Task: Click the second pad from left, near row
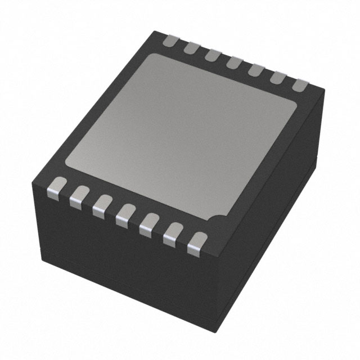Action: [x=78, y=195]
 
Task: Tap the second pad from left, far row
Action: [x=191, y=47]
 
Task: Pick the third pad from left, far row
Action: [x=212, y=55]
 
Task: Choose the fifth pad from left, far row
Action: [x=254, y=71]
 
